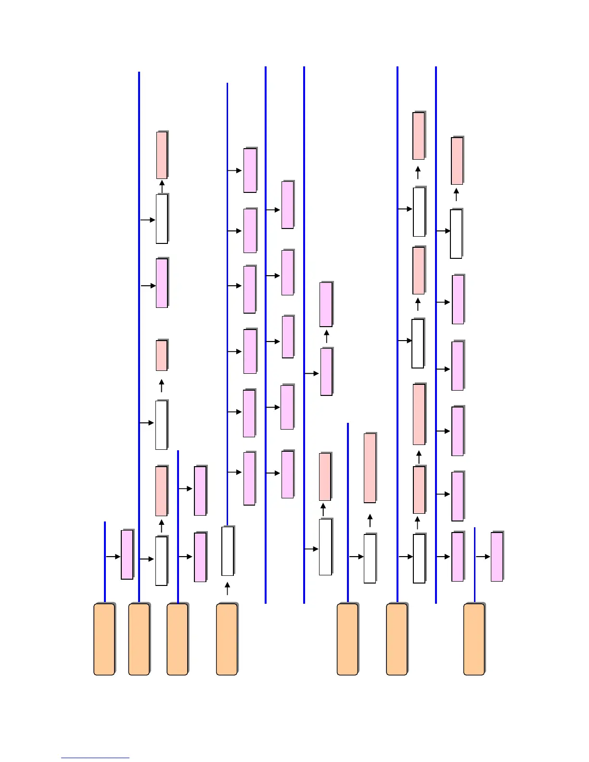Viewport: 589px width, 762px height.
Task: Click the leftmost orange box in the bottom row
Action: click(x=104, y=639)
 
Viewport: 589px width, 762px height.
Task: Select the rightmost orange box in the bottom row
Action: click(x=474, y=639)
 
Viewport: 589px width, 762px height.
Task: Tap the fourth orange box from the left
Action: click(x=227, y=639)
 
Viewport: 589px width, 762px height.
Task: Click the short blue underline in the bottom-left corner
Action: click(x=95, y=758)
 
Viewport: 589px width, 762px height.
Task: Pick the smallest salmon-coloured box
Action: click(x=162, y=356)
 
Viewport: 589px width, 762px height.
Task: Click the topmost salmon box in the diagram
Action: click(x=419, y=136)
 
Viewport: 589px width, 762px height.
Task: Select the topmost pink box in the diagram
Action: click(x=250, y=170)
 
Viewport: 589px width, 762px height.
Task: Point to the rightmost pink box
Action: click(x=497, y=557)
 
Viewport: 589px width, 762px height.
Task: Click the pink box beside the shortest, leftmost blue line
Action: click(x=127, y=555)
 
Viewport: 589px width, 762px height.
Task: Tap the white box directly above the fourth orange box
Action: click(x=228, y=551)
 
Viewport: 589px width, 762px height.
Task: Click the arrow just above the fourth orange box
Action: click(x=227, y=588)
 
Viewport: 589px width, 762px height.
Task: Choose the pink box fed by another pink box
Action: click(x=326, y=305)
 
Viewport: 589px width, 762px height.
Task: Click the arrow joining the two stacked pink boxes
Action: click(x=326, y=336)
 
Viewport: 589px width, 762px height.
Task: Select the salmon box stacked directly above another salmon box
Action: click(x=419, y=414)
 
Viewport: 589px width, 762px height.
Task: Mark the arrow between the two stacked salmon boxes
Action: click(x=419, y=457)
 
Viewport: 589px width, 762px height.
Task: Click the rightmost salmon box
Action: click(x=457, y=161)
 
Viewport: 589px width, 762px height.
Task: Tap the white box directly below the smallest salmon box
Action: click(x=161, y=425)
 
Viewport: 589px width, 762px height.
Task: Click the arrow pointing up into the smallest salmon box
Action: click(x=162, y=386)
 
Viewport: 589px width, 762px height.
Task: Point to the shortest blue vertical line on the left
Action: click(x=104, y=561)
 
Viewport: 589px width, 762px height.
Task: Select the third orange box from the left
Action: click(x=177, y=639)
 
